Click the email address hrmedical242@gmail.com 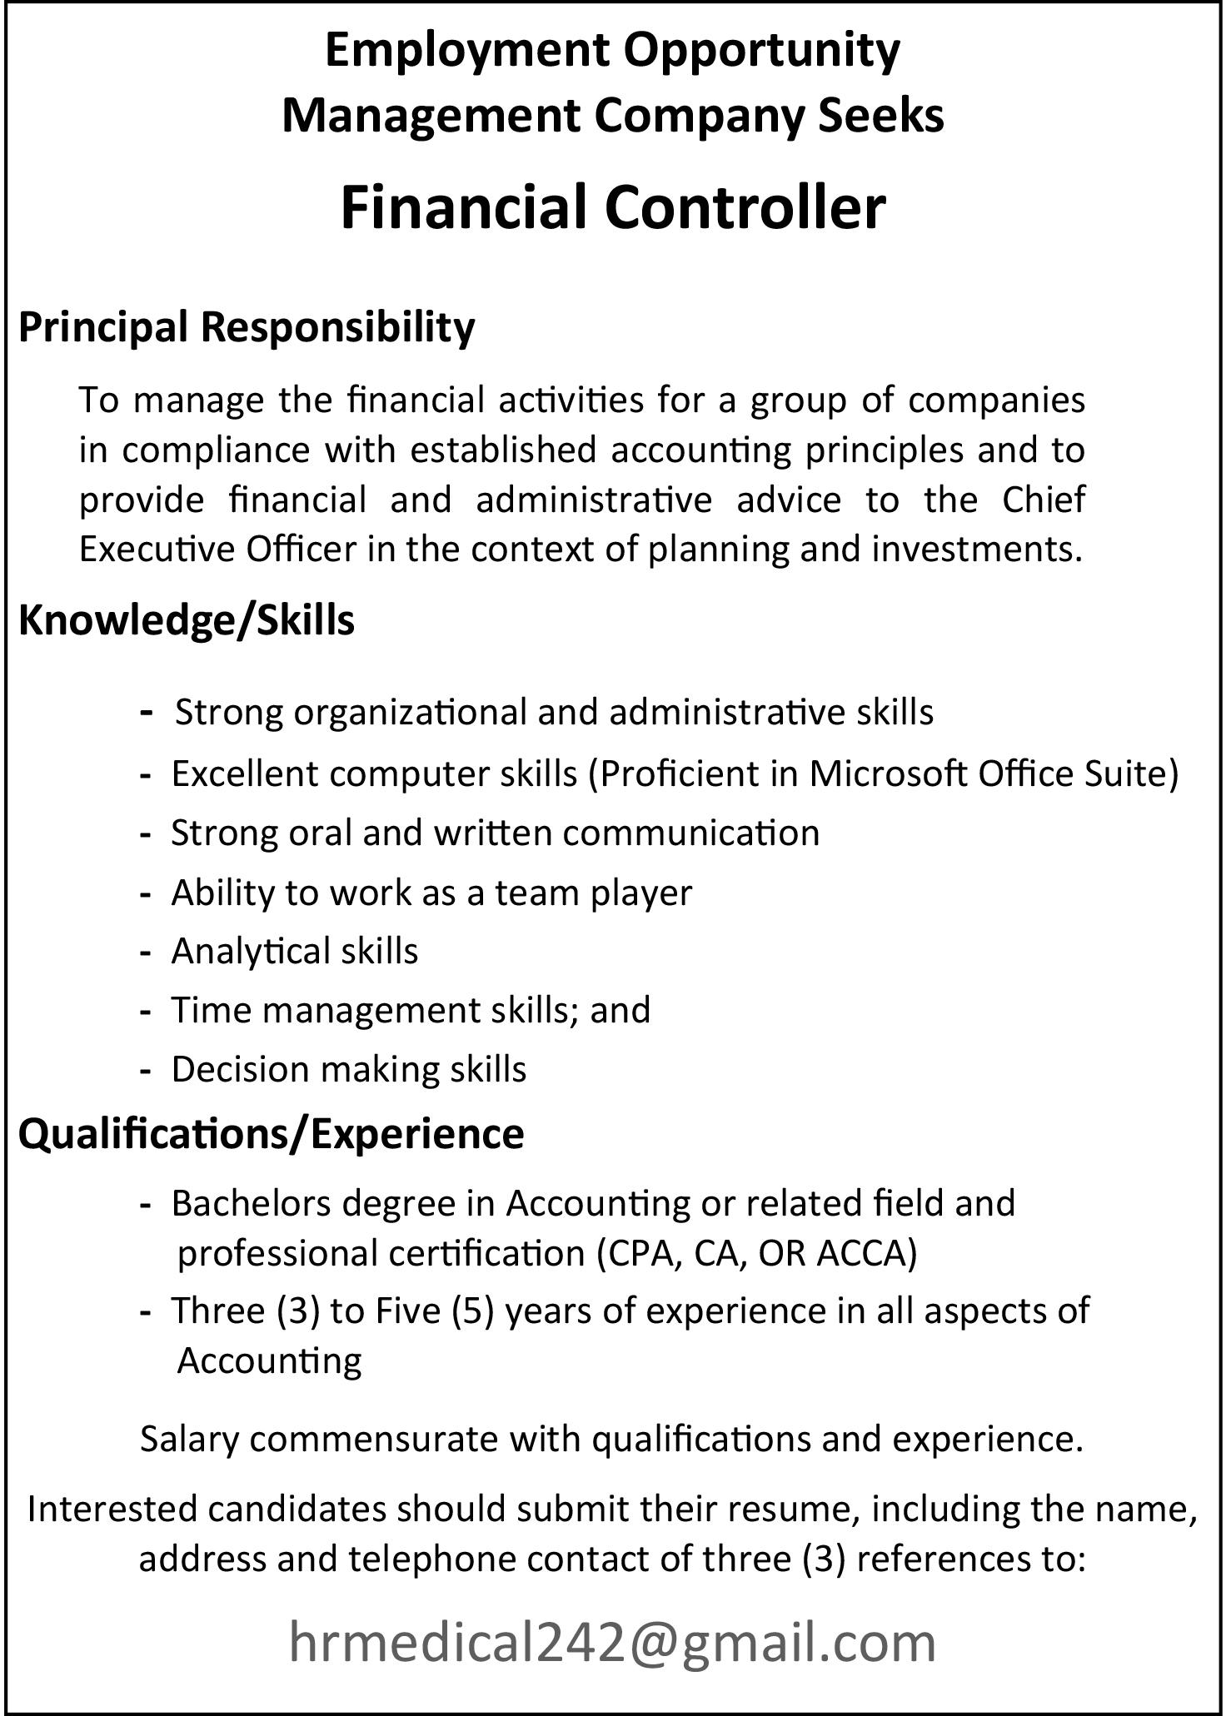[612, 1643]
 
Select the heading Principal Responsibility [247, 326]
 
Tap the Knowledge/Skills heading [187, 620]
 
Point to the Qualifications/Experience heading [272, 1133]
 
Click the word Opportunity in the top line [762, 50]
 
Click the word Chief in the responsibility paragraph [1044, 500]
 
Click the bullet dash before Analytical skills [146, 952]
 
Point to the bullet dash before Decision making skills [146, 1070]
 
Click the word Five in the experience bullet [407, 1311]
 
